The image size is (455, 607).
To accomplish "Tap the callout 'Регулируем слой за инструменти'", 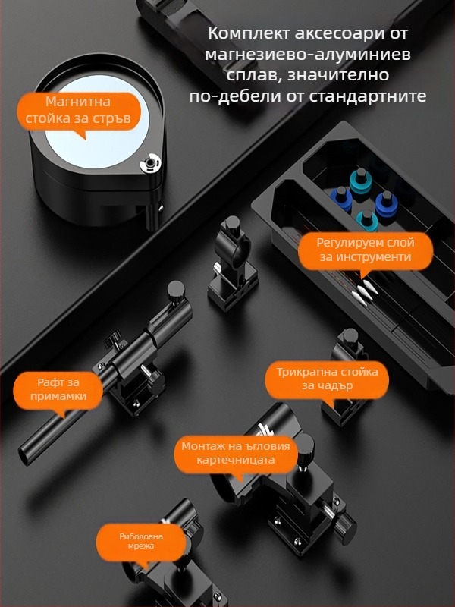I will [x=365, y=250].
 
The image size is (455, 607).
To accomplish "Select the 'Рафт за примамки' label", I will [x=58, y=388].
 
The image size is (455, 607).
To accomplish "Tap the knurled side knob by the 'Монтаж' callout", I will [x=346, y=523].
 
